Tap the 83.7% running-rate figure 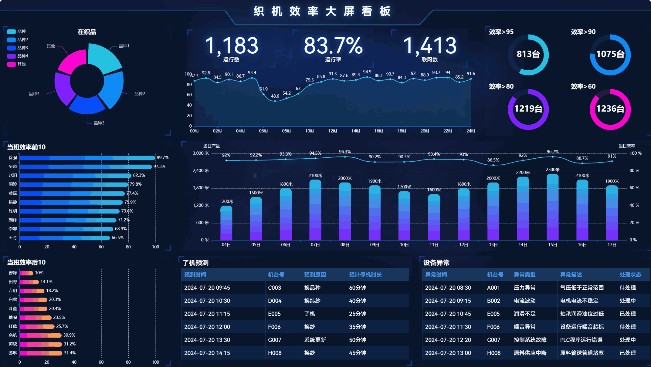(x=333, y=46)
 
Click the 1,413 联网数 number (x=429, y=46)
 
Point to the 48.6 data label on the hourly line (x=275, y=96)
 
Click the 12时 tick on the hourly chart (x=333, y=131)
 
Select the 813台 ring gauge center (x=528, y=54)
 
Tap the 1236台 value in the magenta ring (x=610, y=109)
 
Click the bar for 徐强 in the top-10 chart (x=87, y=158)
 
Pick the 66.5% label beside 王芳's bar (x=117, y=238)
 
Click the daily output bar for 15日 (x=552, y=207)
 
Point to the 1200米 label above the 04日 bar (x=226, y=201)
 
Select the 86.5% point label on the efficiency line (x=493, y=160)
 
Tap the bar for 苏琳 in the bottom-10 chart (x=41, y=353)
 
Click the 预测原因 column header (x=315, y=275)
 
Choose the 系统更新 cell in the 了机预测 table (x=315, y=340)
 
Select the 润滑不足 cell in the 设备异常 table (x=524, y=314)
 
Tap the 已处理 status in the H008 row (x=628, y=353)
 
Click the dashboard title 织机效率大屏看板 (x=322, y=12)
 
